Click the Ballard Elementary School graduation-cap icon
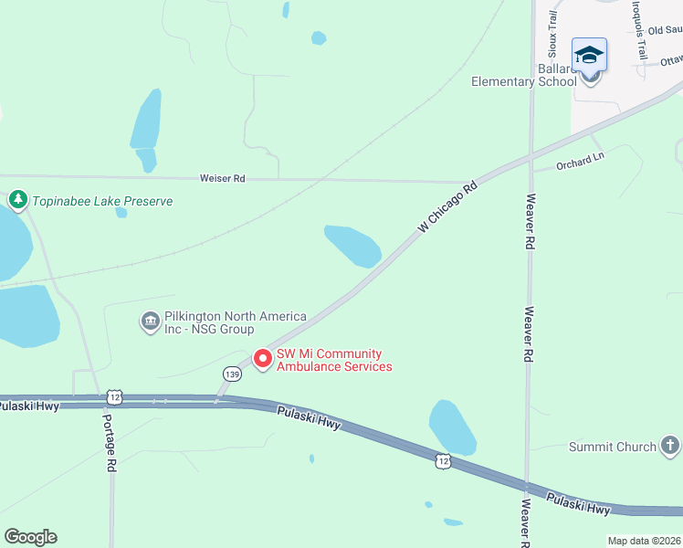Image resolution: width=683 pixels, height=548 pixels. coord(589,55)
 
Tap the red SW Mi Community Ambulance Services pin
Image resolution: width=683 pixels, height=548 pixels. coord(263,359)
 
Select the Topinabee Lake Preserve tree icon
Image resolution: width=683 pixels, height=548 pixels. coord(17,199)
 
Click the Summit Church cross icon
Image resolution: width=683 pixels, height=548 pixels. coord(670,446)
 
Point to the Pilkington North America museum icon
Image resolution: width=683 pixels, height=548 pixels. coord(150,321)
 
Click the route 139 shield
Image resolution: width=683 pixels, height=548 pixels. coord(231,374)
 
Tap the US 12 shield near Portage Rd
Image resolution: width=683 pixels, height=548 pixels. coord(113,396)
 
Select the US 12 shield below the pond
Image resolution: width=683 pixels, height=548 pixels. coord(443,462)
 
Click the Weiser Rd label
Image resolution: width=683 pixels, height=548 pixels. coord(223,179)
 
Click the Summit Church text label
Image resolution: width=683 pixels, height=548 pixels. coord(613,447)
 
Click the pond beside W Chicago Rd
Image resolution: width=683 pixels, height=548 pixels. coord(353,245)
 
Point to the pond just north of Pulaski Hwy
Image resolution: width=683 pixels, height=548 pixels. coord(452,427)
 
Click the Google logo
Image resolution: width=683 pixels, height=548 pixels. coord(30,537)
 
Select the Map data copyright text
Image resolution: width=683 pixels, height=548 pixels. coord(645,541)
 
